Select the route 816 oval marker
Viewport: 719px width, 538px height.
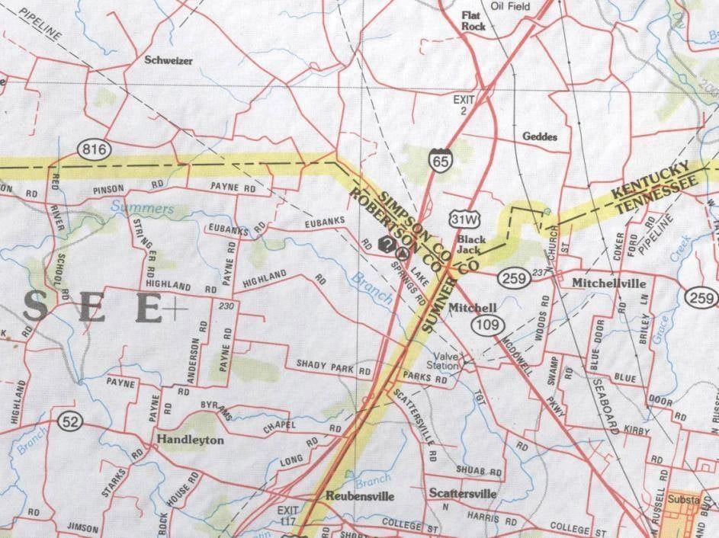98,147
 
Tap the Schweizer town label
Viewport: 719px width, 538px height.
168,59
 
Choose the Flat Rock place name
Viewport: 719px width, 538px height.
473,20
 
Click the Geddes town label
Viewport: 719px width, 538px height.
540,137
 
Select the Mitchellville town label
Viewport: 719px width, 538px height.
609,283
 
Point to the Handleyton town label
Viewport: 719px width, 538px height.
191,440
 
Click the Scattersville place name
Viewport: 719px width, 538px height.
462,493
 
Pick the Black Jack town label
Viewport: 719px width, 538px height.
471,244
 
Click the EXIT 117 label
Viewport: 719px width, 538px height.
289,514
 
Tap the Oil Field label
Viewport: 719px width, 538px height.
510,6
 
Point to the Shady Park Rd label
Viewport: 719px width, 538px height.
334,369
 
